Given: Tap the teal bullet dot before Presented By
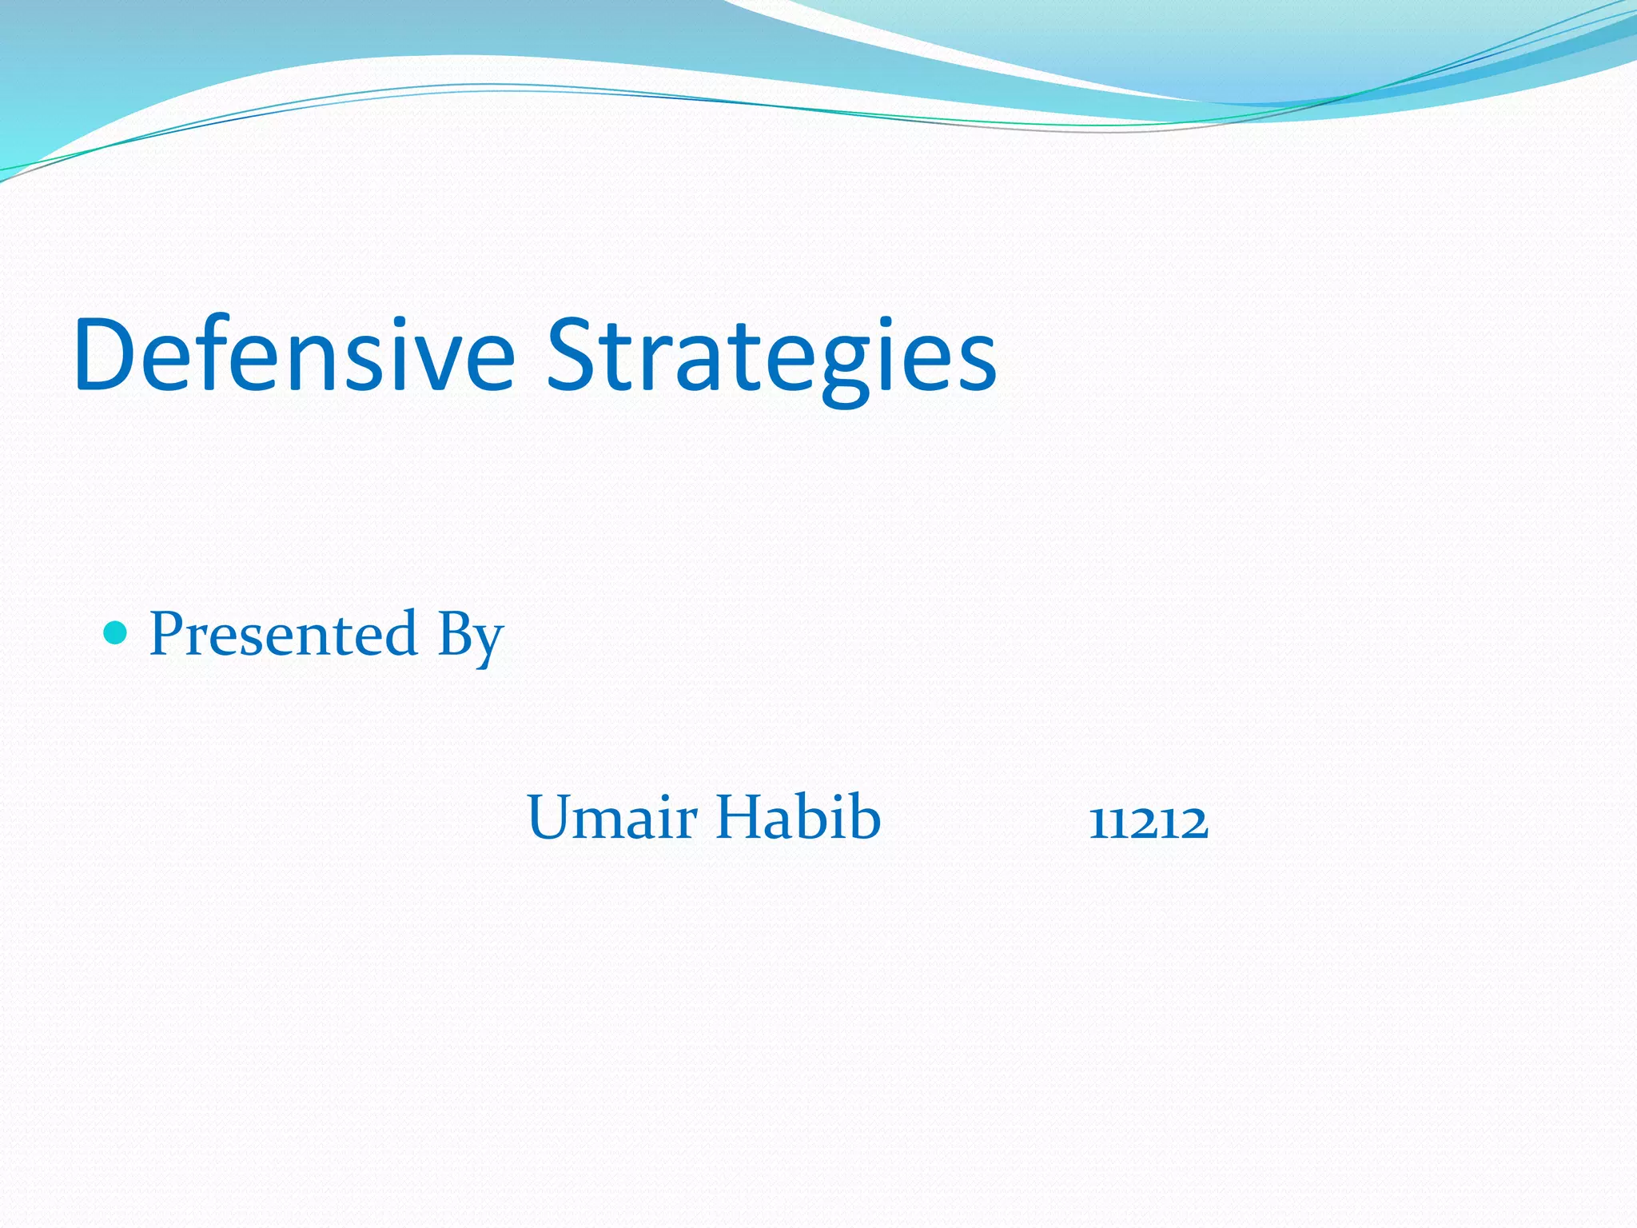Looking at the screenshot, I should [116, 634].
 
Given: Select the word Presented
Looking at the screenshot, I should [284, 634].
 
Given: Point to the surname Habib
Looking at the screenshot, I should [798, 817].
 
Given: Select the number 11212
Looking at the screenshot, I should [1149, 822].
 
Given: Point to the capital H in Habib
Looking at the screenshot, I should [740, 817].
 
